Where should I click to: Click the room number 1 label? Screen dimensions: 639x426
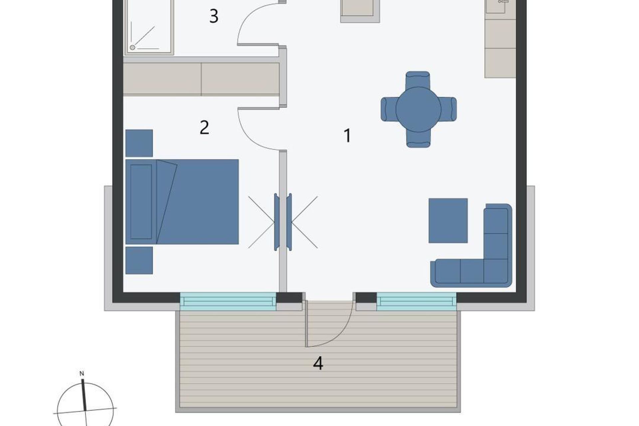point(347,135)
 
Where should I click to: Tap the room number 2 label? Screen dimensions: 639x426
point(204,127)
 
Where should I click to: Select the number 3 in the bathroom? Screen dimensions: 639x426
point(214,16)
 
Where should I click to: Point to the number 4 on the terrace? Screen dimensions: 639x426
point(318,363)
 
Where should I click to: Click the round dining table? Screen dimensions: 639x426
point(418,109)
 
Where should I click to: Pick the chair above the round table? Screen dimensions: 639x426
point(418,80)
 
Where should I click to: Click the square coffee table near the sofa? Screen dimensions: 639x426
point(448,221)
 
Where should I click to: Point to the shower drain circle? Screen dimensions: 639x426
point(132,48)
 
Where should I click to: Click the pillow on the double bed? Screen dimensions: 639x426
point(141,202)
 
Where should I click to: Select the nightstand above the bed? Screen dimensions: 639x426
point(139,143)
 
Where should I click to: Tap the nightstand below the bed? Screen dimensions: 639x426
point(139,260)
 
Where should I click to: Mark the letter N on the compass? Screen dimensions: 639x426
point(82,374)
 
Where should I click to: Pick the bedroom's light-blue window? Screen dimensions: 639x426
point(228,302)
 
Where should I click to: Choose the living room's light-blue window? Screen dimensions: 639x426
point(416,302)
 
